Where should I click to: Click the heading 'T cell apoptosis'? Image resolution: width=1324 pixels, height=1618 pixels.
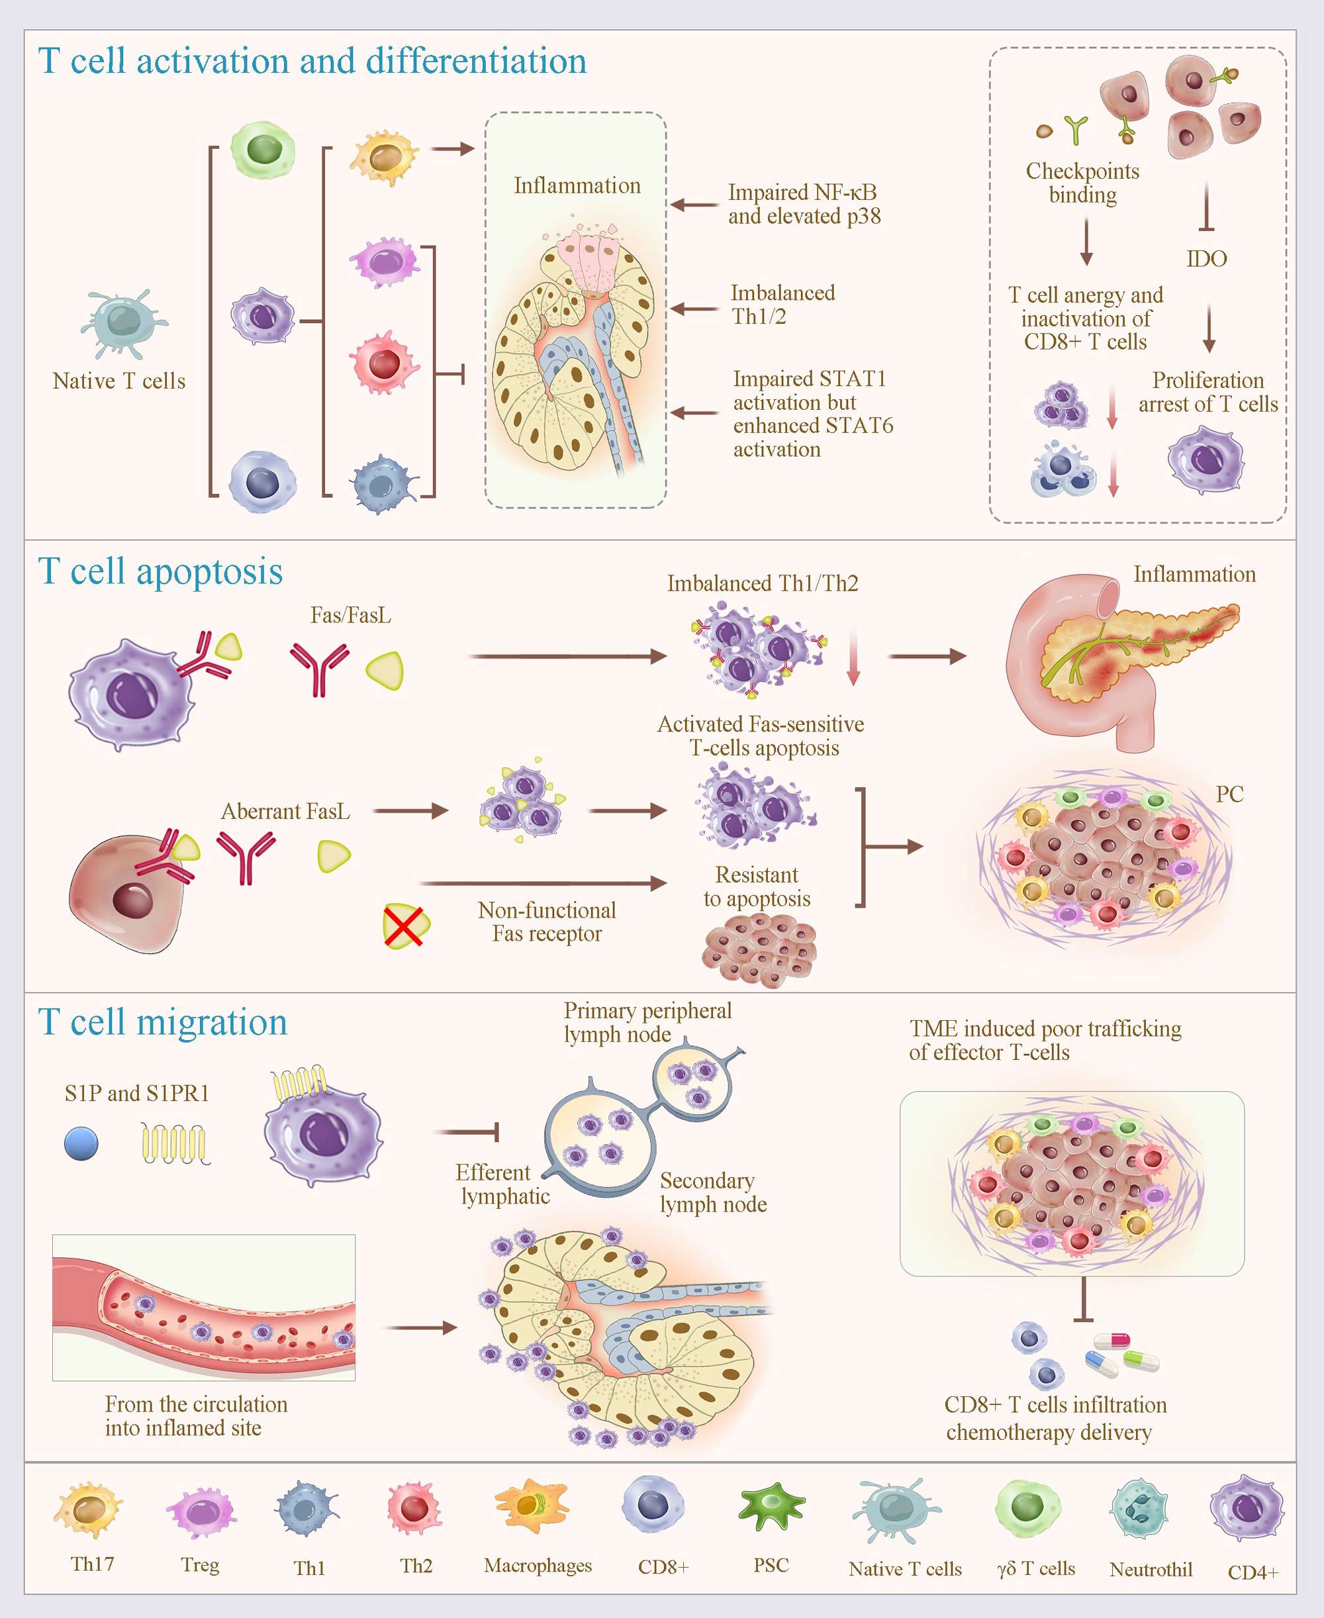point(160,571)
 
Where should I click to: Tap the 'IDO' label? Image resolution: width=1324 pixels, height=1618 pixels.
point(1207,258)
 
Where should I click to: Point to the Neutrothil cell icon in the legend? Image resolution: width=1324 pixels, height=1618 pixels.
point(1139,1507)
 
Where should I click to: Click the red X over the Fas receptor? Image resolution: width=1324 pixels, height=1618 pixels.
point(406,926)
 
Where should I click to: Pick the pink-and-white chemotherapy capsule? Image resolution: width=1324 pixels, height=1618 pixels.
point(1112,1341)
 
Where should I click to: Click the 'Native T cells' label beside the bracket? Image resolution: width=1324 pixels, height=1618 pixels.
point(119,381)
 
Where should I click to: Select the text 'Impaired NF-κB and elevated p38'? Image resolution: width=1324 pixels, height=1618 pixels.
point(804,204)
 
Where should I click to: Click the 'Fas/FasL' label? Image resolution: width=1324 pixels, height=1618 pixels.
point(351,615)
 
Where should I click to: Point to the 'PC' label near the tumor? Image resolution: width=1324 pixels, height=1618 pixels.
point(1229,794)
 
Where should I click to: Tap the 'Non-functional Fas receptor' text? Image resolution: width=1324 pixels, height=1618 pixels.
point(547,921)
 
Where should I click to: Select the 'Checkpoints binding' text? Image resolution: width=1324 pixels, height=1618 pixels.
point(1082,182)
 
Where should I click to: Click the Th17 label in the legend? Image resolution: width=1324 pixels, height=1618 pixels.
point(92,1564)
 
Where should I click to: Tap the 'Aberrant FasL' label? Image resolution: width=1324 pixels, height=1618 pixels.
point(285,811)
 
